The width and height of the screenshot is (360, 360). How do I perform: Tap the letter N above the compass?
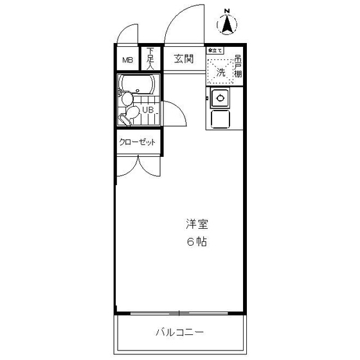[x=227, y=10]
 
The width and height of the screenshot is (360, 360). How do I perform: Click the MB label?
[x=128, y=60]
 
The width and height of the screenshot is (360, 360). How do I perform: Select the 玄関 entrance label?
[x=183, y=59]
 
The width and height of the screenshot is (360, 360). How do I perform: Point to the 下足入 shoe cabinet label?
[x=150, y=59]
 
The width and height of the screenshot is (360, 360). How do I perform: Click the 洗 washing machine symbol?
[x=221, y=73]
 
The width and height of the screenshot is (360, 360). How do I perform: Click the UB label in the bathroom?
[x=148, y=110]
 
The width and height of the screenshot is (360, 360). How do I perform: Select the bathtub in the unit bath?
[x=138, y=84]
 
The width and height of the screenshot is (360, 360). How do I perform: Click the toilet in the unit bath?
[x=131, y=114]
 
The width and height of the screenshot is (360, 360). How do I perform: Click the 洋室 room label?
[x=197, y=224]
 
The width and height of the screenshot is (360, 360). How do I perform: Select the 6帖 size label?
[x=197, y=242]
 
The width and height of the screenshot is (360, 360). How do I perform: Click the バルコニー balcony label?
[x=180, y=332]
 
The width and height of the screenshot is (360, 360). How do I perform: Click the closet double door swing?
[x=138, y=165]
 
